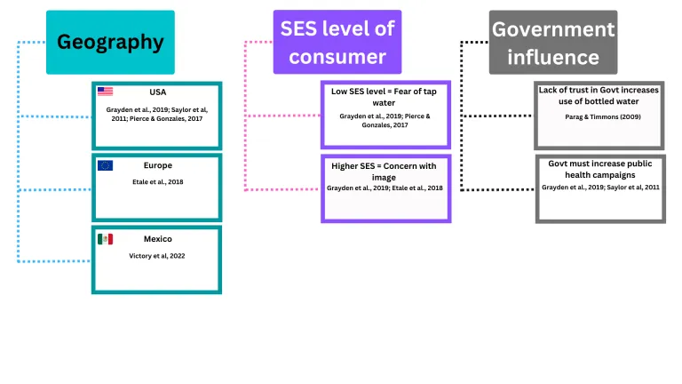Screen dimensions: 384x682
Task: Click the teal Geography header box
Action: click(x=110, y=42)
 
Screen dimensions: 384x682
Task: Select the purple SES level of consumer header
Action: click(x=337, y=42)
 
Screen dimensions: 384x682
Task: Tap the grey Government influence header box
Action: click(x=553, y=42)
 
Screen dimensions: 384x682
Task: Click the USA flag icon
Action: click(x=105, y=92)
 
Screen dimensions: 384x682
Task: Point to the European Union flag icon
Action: click(x=105, y=165)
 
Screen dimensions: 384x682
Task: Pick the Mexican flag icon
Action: click(x=105, y=239)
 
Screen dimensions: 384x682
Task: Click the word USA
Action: click(x=158, y=92)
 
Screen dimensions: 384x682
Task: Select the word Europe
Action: click(x=158, y=165)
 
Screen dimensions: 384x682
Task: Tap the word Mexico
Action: click(x=158, y=239)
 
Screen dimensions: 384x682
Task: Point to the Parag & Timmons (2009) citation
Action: click(x=599, y=117)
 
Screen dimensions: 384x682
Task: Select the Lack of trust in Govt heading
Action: click(x=599, y=95)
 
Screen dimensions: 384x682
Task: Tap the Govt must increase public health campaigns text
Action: click(x=599, y=169)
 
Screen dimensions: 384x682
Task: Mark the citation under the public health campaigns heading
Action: click(x=599, y=188)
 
